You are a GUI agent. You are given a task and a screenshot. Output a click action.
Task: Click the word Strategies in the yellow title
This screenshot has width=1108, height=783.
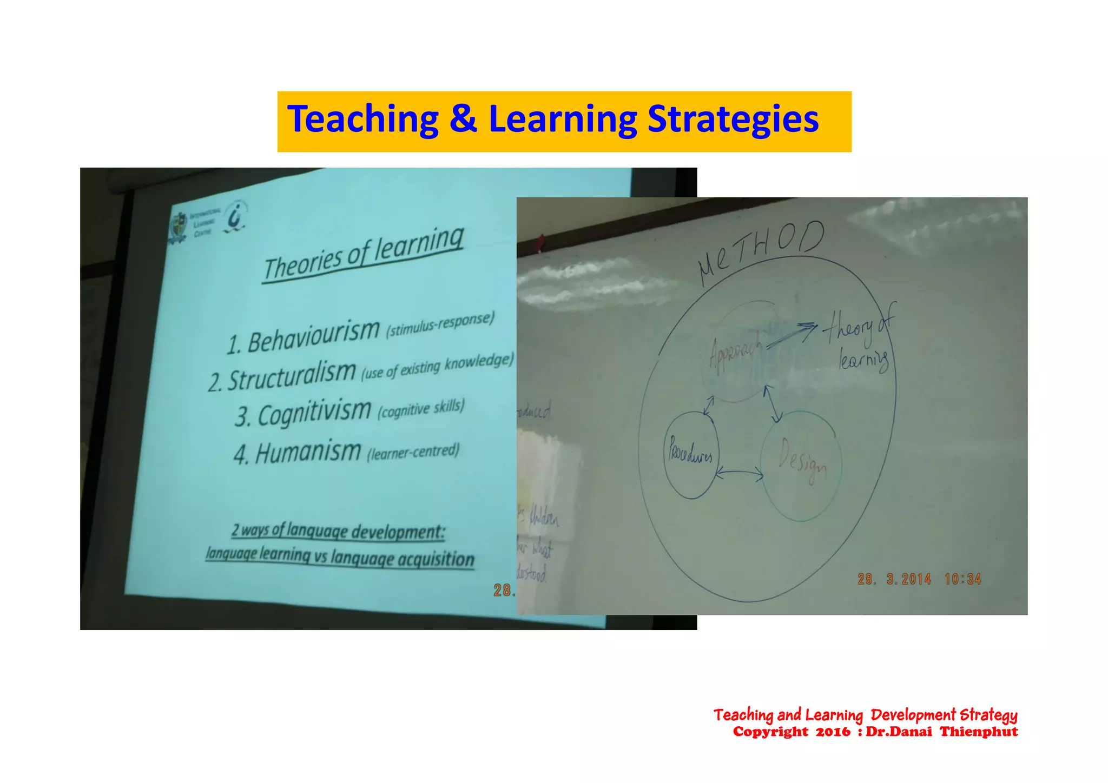pyautogui.click(x=733, y=120)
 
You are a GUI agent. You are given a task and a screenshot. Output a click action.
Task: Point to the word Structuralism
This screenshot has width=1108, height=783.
pyautogui.click(x=291, y=375)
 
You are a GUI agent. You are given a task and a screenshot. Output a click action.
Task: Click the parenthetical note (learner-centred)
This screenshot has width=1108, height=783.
pyautogui.click(x=413, y=451)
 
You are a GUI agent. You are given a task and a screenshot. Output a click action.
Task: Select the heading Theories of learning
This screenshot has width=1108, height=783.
pyautogui.click(x=364, y=254)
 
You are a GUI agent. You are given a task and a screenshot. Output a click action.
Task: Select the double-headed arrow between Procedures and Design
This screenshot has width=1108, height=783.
pyautogui.click(x=739, y=474)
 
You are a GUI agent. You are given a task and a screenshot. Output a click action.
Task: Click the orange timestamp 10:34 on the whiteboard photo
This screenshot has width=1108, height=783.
pyautogui.click(x=962, y=579)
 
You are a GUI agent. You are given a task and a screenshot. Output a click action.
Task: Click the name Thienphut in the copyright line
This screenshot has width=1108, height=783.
pyautogui.click(x=979, y=732)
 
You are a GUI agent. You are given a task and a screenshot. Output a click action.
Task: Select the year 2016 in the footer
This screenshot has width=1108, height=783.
pyautogui.click(x=833, y=732)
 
